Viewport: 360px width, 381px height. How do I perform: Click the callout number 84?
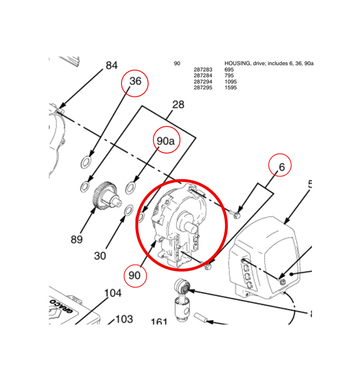point(112,65)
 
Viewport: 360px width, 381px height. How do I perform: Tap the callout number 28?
point(178,105)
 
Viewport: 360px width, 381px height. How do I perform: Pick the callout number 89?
point(77,239)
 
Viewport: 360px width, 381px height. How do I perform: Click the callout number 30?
point(100,255)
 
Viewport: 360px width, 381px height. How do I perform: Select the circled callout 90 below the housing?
point(135,276)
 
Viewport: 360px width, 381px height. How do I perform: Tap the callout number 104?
point(112,293)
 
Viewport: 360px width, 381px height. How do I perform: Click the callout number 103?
point(124,319)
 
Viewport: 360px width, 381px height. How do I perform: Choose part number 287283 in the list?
point(203,70)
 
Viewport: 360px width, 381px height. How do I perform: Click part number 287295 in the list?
point(203,87)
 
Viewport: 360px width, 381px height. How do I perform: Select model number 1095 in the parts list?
point(231,82)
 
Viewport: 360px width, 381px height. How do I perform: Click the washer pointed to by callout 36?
point(86,162)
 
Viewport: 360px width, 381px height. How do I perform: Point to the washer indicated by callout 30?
point(128,210)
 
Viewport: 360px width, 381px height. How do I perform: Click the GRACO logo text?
point(61,306)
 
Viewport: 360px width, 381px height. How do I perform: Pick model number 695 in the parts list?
point(229,70)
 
